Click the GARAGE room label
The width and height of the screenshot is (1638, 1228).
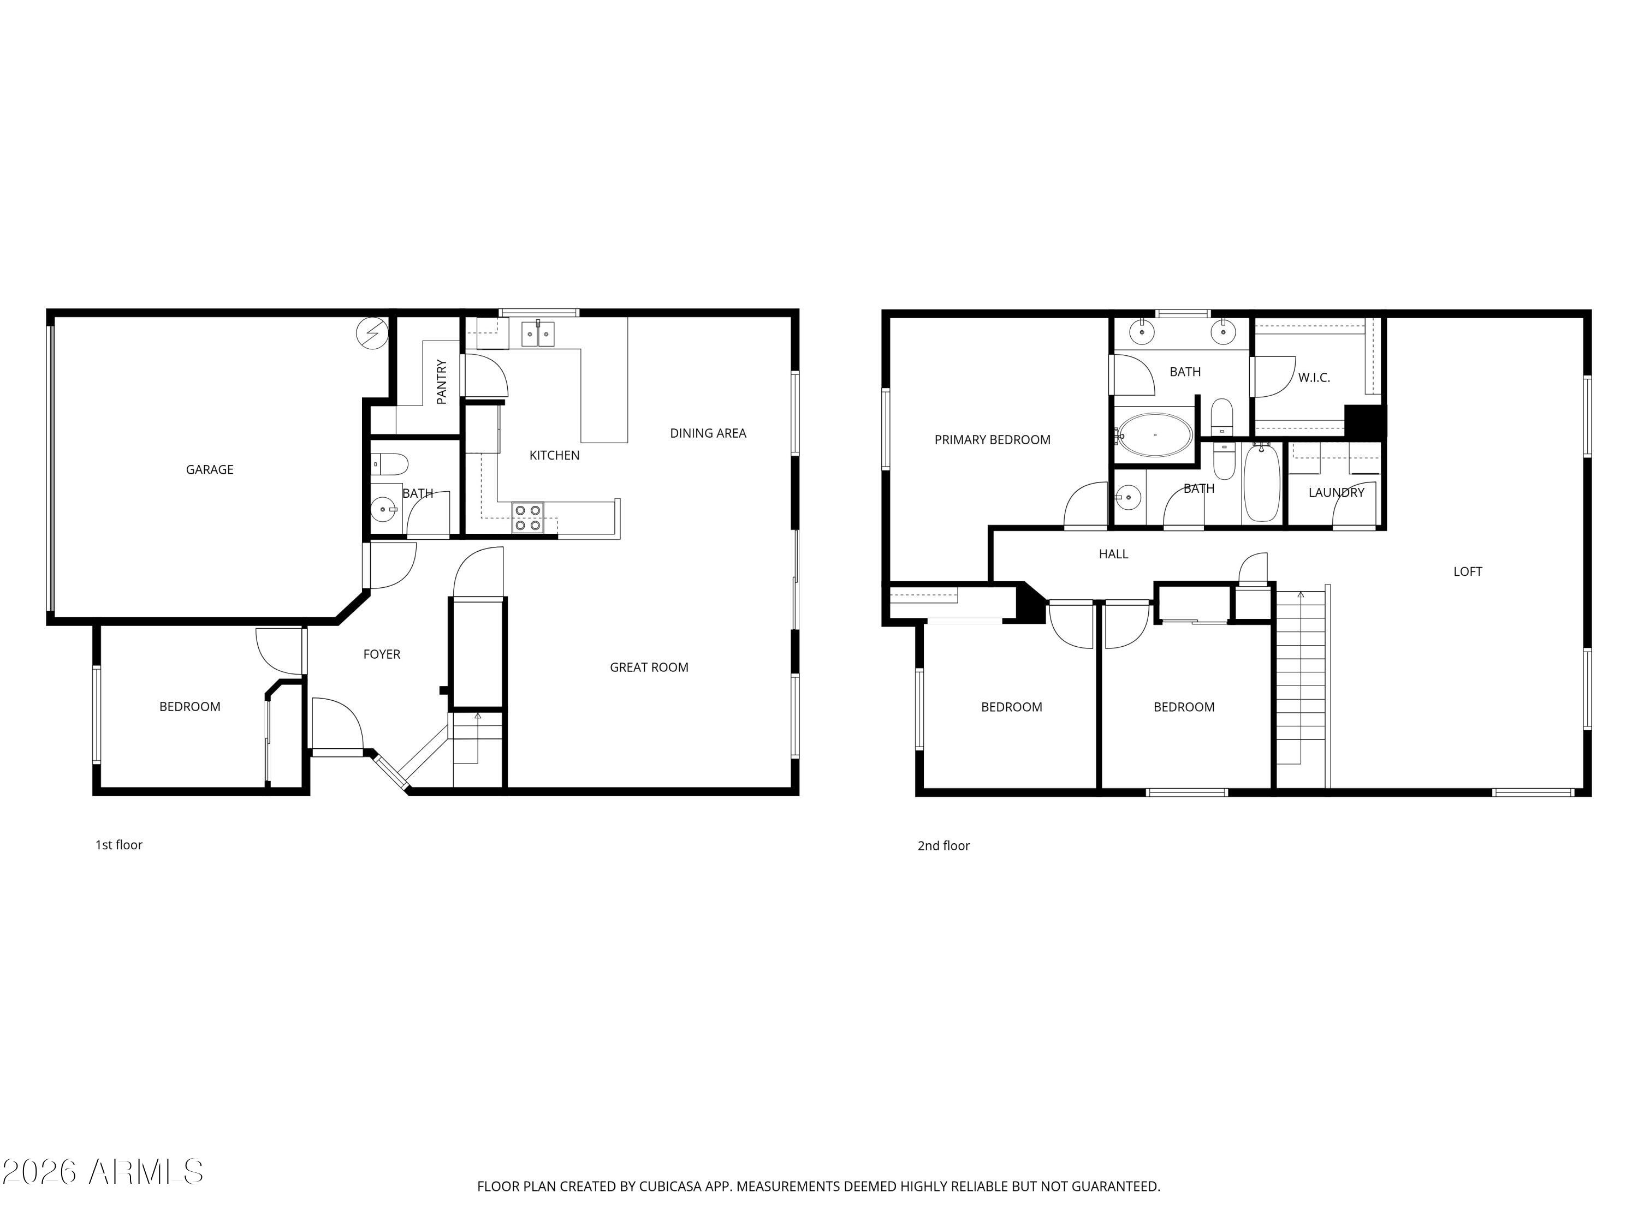[x=210, y=469]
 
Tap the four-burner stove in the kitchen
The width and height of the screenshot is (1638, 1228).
[x=528, y=517]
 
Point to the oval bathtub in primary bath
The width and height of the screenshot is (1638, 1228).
[x=1154, y=434]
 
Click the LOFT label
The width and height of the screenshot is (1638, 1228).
[x=1467, y=571]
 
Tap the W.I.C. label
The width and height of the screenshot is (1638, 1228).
[x=1314, y=378]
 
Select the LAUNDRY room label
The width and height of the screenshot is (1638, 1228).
[x=1336, y=492]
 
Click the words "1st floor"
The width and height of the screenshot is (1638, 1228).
[x=118, y=844]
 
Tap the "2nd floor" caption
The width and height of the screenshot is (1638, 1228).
[x=943, y=845]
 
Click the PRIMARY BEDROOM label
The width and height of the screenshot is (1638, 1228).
[x=992, y=440]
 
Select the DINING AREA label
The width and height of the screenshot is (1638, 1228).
[x=708, y=433]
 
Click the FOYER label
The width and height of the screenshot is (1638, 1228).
[x=381, y=654]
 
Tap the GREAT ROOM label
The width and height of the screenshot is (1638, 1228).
[x=649, y=667]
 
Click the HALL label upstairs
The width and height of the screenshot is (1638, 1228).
[x=1113, y=553]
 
